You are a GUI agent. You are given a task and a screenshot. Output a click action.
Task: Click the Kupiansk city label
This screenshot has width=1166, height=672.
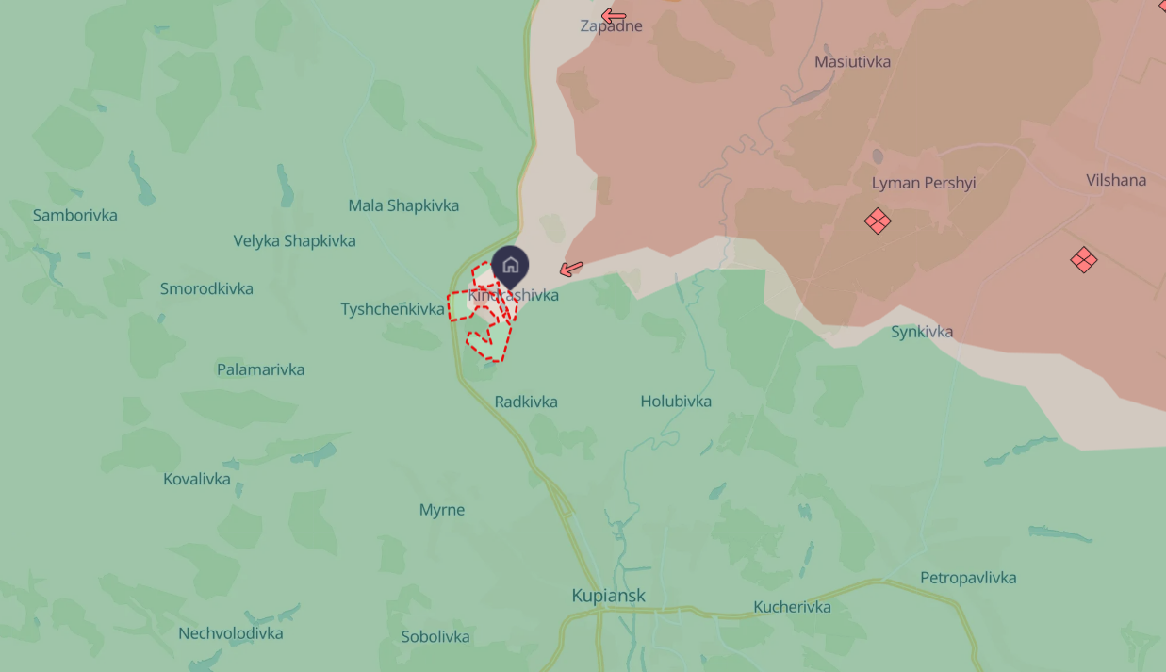coord(609,596)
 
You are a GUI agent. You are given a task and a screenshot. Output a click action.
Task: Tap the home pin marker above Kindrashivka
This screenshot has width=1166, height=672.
coord(511,265)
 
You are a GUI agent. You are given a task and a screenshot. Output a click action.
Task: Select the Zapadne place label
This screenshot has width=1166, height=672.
coord(611,26)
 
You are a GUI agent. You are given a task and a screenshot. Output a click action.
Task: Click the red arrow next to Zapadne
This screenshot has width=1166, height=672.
coord(614,15)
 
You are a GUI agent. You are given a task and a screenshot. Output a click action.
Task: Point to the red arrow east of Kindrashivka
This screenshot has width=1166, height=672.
coord(571,269)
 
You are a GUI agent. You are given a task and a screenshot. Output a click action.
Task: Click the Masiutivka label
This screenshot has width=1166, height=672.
coord(852,62)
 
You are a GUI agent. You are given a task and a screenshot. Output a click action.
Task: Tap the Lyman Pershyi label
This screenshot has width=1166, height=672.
coord(924,183)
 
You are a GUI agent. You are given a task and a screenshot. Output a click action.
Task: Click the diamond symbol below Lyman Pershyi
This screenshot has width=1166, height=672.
coord(878,221)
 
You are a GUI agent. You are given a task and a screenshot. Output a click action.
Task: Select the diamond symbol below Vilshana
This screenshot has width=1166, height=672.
coord(1084,259)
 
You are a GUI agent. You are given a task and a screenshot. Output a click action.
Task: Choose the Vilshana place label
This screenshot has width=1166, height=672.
coord(1116,180)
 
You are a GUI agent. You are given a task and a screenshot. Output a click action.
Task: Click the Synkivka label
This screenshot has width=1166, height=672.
coord(922,332)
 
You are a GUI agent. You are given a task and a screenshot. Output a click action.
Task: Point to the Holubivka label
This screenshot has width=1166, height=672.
coord(676,402)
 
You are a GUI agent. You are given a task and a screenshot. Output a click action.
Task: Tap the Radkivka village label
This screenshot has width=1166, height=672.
coord(526,402)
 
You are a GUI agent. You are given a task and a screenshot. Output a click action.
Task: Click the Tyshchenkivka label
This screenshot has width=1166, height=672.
coord(392,309)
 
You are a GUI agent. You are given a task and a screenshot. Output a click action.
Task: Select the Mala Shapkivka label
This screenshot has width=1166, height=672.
coord(403,205)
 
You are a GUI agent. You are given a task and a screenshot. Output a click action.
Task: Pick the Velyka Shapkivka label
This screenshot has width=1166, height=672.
coord(295,241)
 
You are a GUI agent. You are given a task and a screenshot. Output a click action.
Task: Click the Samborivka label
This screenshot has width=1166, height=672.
coord(75,216)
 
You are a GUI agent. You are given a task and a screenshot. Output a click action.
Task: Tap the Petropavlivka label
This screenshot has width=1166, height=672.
coord(968,578)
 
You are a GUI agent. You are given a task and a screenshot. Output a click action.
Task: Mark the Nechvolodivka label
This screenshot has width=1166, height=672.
coord(231,633)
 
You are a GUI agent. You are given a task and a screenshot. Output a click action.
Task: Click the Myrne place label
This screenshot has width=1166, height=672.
coord(442,510)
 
